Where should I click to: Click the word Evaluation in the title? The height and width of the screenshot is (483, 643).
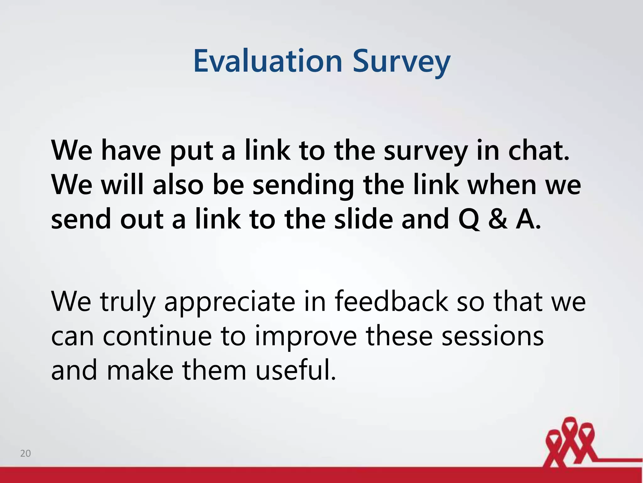click(267, 61)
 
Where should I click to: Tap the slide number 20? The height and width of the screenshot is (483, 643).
click(25, 453)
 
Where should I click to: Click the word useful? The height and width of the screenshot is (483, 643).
click(295, 370)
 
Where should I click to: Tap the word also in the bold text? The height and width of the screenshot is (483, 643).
click(178, 185)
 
